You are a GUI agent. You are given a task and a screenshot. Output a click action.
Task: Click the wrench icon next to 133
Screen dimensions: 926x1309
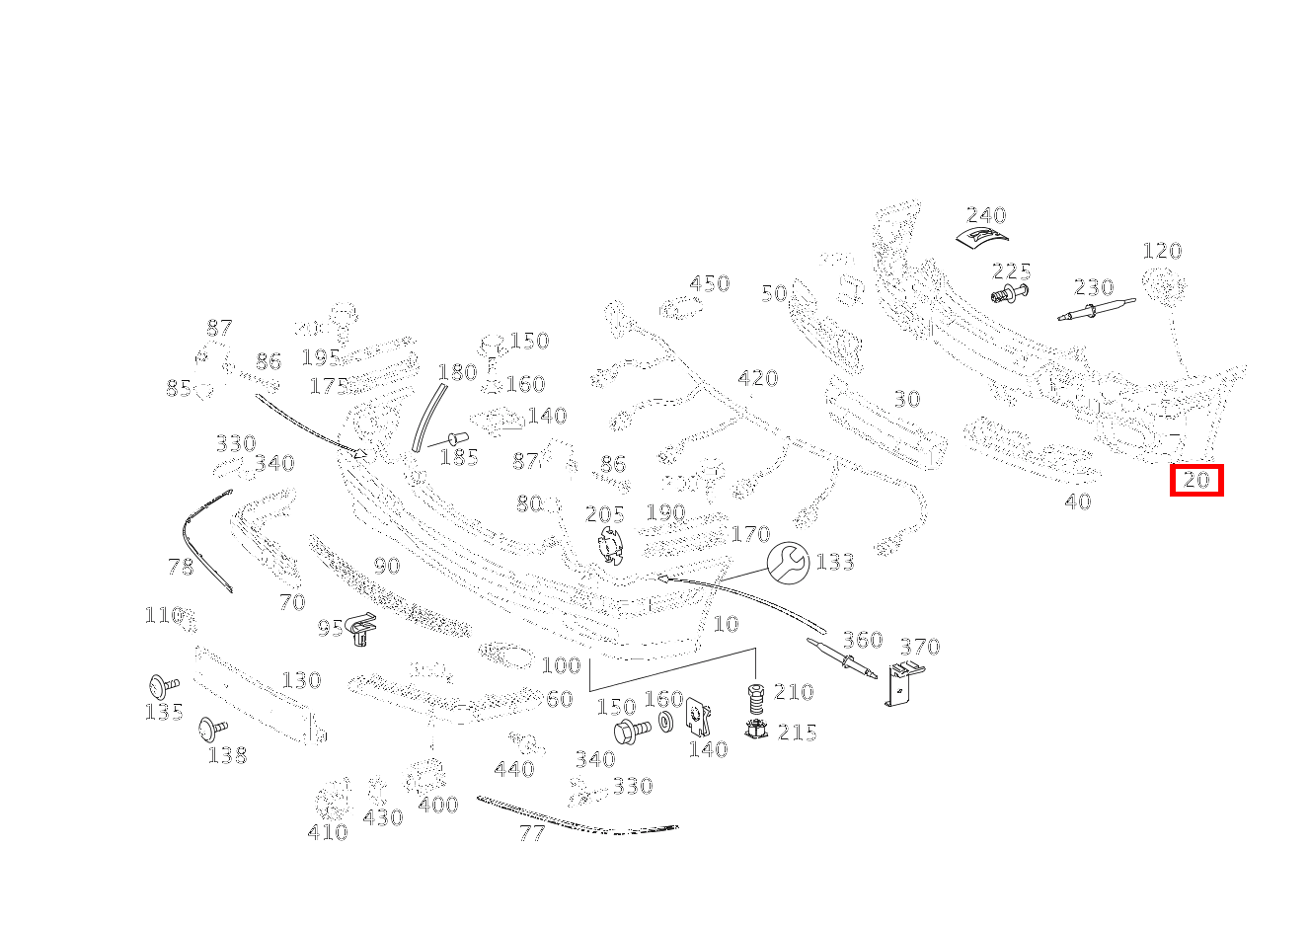click(x=788, y=562)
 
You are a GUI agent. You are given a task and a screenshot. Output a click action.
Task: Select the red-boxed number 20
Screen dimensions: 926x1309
click(x=1196, y=481)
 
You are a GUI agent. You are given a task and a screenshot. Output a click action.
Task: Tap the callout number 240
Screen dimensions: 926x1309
click(x=985, y=215)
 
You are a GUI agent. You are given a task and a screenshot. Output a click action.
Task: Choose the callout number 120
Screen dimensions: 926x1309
click(x=1162, y=251)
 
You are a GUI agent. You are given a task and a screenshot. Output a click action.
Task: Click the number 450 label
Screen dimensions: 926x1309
click(x=709, y=284)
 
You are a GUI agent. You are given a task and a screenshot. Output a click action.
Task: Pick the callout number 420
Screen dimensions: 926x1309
click(x=757, y=378)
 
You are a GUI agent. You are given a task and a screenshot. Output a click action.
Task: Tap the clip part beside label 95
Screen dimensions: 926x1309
click(x=363, y=630)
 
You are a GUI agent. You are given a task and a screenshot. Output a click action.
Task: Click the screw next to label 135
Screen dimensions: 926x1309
click(x=162, y=684)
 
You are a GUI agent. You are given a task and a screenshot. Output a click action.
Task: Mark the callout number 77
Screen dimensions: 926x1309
click(x=532, y=833)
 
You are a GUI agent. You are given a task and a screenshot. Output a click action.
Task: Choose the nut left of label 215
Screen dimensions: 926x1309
click(x=757, y=732)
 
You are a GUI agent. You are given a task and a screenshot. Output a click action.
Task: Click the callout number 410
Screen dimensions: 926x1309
click(x=328, y=832)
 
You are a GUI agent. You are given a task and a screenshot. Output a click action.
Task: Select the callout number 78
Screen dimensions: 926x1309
click(x=181, y=567)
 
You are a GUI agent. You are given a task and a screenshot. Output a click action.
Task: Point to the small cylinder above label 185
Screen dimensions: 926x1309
click(x=457, y=437)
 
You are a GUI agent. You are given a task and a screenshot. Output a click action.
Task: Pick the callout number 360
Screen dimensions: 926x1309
click(x=862, y=640)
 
